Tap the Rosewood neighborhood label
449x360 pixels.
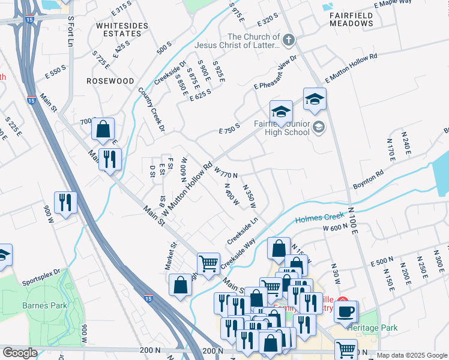pos(110,80)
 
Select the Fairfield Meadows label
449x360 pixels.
pos(351,19)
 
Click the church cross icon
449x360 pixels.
pos(289,40)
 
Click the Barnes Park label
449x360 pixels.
pos(44,305)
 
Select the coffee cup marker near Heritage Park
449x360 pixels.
pos(346,312)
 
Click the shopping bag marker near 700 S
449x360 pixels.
pos(103,128)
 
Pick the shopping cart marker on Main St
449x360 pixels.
pos(208,263)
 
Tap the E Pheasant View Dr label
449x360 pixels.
pos(275,75)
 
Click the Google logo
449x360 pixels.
pos(20,353)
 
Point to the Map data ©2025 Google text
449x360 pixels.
pos(411,355)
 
